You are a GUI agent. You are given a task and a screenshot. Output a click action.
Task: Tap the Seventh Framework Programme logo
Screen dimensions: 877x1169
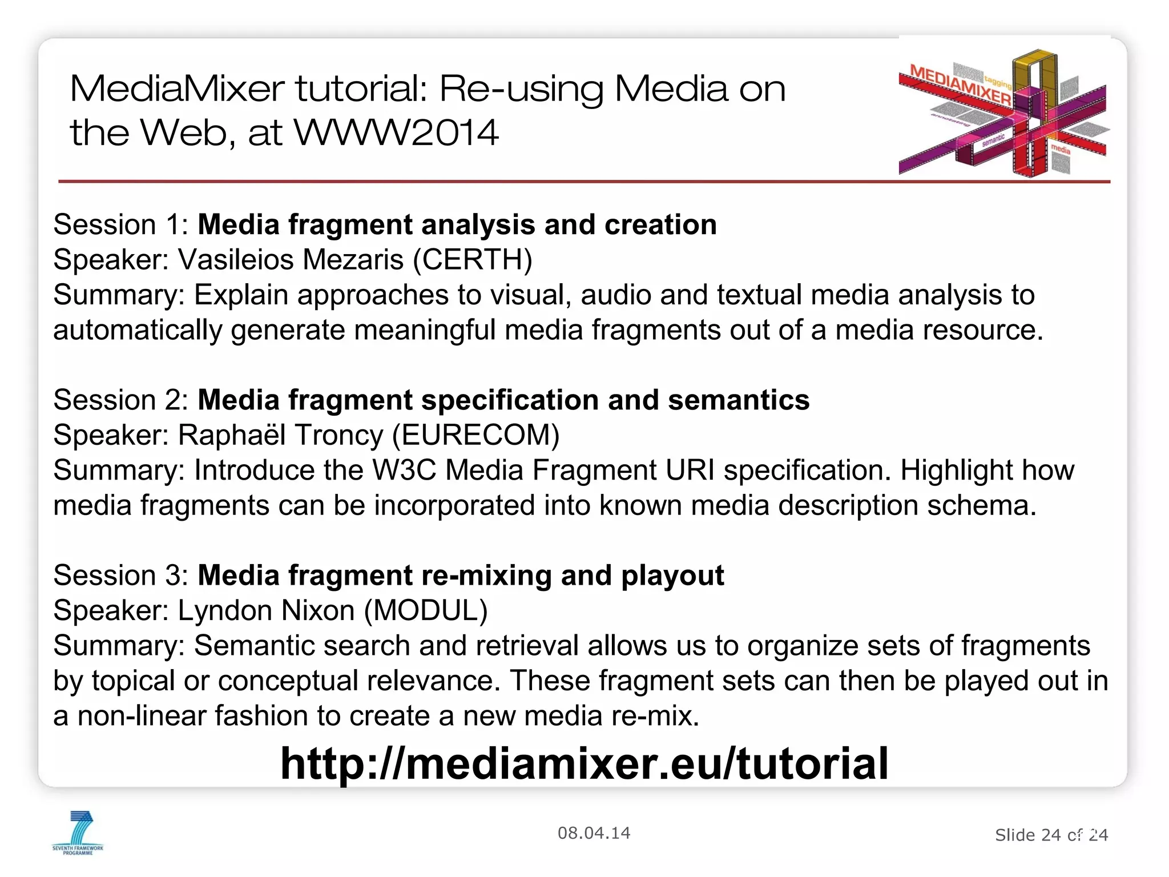point(78,832)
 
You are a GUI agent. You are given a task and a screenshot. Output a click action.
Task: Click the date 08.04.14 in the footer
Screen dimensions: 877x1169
point(594,833)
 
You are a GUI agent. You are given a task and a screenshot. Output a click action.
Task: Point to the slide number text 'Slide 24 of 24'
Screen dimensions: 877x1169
point(1051,835)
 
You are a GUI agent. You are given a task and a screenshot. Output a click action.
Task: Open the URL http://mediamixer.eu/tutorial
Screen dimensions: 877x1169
point(584,763)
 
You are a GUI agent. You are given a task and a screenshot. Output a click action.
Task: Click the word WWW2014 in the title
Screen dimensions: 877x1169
point(396,132)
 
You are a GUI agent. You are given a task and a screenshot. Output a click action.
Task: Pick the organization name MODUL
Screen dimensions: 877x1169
point(426,610)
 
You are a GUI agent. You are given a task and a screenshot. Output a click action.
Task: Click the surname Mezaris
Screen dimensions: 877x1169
point(353,260)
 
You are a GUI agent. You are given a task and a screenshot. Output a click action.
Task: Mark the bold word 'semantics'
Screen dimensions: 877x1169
point(739,400)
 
